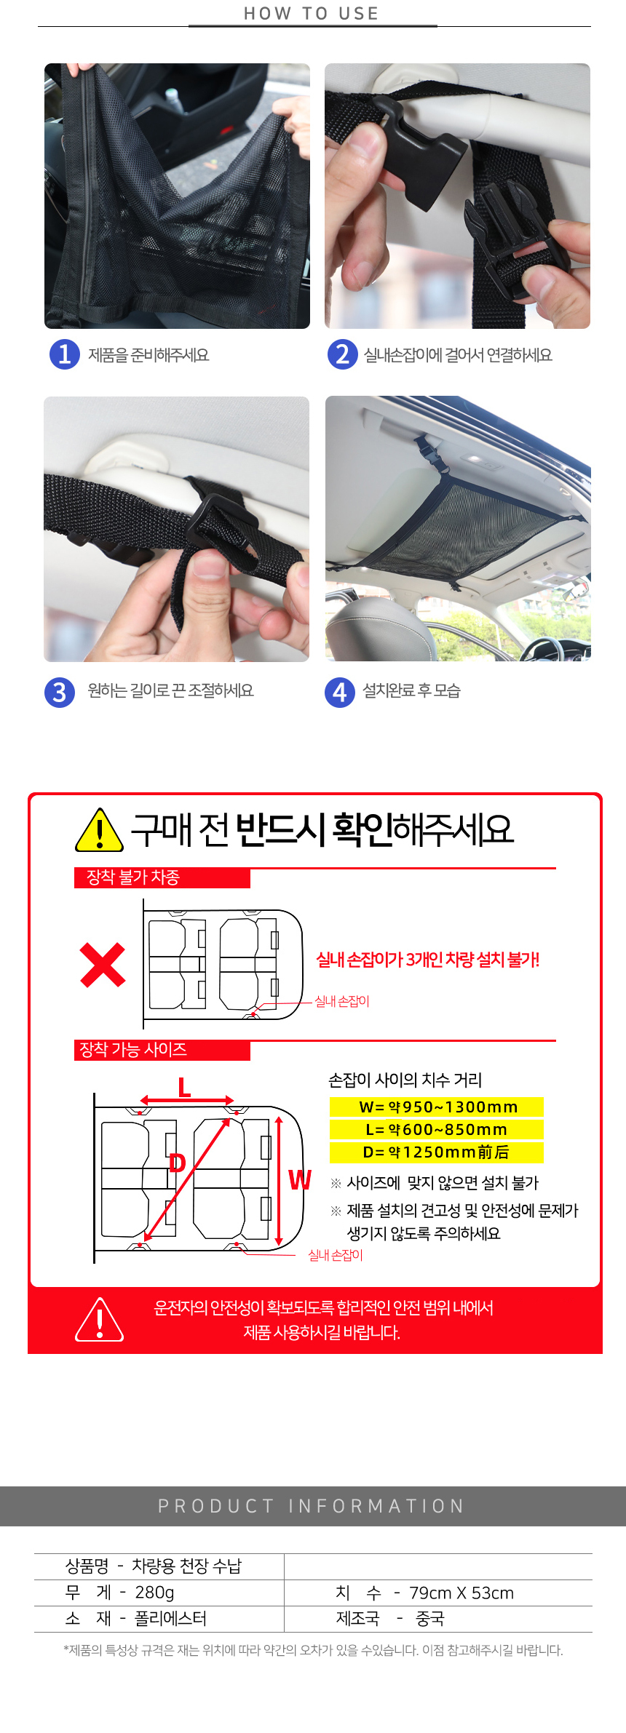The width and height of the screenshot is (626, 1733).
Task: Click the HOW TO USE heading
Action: tap(312, 14)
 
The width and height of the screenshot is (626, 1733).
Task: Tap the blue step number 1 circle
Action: tap(65, 354)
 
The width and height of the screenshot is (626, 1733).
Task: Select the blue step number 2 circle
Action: tap(342, 354)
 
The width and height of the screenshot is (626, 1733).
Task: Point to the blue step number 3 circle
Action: tap(60, 692)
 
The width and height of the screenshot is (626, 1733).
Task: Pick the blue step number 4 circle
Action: tap(339, 692)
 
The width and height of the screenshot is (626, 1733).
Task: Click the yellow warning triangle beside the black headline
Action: tap(100, 830)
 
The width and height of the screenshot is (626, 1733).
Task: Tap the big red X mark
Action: tap(103, 965)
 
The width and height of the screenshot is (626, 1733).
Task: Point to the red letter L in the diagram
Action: tap(185, 1088)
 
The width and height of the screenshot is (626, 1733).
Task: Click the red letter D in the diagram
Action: tap(177, 1163)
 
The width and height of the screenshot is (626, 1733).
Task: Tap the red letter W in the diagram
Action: tap(300, 1179)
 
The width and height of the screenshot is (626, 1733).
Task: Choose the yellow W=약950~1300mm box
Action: tap(437, 1107)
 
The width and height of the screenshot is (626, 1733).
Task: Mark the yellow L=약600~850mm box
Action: tap(437, 1129)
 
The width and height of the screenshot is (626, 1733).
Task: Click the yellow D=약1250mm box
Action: tap(437, 1152)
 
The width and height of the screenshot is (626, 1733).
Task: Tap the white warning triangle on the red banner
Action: tap(100, 1320)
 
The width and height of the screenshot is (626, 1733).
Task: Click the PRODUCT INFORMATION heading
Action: tap(312, 1506)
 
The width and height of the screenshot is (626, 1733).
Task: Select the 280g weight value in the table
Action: tap(154, 1593)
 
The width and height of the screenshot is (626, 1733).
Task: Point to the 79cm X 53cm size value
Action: tap(461, 1593)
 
